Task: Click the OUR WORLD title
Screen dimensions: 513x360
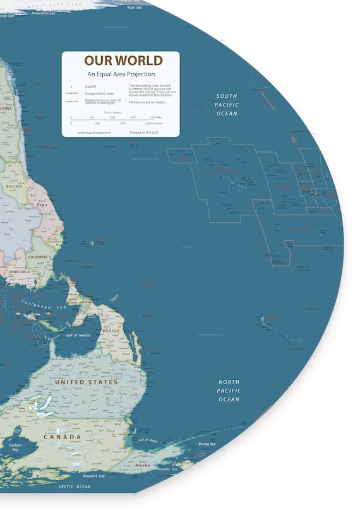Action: (123, 61)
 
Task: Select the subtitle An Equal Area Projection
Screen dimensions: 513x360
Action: (121, 74)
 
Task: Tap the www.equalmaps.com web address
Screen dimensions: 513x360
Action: (94, 133)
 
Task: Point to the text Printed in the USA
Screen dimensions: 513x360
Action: (145, 133)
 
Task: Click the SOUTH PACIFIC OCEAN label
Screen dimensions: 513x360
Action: (226, 104)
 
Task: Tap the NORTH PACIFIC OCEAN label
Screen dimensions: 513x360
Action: (229, 391)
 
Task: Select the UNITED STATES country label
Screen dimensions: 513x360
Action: (86, 382)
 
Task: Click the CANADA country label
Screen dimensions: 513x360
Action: (62, 437)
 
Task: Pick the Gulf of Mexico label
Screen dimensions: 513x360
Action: (77, 336)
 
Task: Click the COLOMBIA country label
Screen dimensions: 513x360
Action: (38, 257)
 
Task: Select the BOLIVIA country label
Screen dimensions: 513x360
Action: (14, 187)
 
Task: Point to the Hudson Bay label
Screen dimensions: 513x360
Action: (15, 447)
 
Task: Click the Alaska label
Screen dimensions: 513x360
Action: (152, 465)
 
